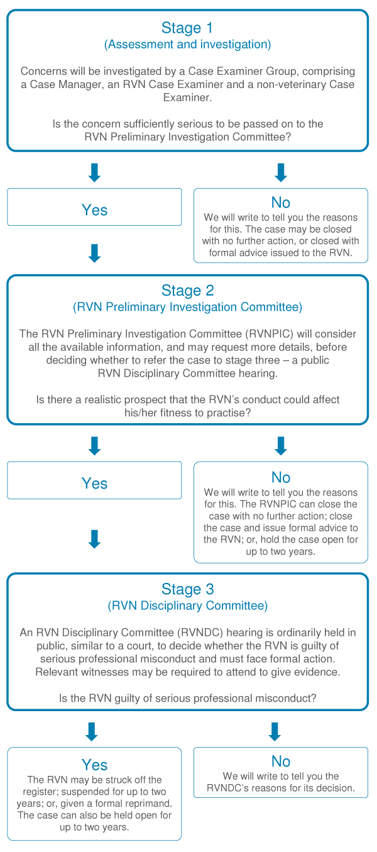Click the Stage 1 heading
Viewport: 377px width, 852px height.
[x=187, y=28]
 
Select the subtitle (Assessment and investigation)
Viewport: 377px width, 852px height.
[x=188, y=45]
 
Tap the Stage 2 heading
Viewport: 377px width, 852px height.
[x=188, y=290]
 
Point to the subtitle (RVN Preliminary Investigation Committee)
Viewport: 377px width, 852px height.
[x=188, y=307]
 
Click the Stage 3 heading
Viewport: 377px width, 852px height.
[x=188, y=589]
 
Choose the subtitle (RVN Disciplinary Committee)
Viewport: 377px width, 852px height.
[x=188, y=606]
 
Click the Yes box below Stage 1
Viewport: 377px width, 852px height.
[x=94, y=207]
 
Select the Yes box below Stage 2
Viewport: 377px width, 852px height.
[x=94, y=480]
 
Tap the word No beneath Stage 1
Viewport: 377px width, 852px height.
[x=281, y=202]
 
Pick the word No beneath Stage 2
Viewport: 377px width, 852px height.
[x=281, y=477]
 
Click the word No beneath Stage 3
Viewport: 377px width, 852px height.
[x=281, y=761]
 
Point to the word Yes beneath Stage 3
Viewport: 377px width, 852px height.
[x=95, y=765]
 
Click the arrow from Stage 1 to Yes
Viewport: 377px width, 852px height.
[x=94, y=173]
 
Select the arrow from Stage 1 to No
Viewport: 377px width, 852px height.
[x=281, y=173]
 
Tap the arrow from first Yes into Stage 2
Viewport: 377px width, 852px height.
[x=94, y=253]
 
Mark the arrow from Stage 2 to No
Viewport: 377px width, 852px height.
[x=281, y=446]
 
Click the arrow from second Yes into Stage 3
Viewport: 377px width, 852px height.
[x=94, y=539]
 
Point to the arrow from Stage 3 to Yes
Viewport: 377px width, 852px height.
[x=92, y=732]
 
